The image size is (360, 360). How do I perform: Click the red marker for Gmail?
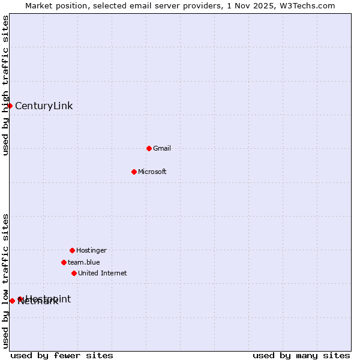(x=149, y=148)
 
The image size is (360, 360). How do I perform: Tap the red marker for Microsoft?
(x=134, y=172)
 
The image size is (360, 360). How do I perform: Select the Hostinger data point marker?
(x=72, y=250)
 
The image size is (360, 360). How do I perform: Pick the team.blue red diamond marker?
(x=64, y=262)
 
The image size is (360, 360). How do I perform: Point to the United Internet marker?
(x=74, y=273)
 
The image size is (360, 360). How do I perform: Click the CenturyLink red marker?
(x=10, y=106)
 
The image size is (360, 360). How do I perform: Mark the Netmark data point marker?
(x=12, y=301)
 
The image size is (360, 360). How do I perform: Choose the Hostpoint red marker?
(x=20, y=299)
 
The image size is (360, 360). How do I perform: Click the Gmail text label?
(x=162, y=148)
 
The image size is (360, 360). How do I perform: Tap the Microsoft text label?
(x=152, y=172)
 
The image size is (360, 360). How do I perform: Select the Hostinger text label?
(x=91, y=250)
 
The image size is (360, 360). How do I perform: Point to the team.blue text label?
(x=84, y=262)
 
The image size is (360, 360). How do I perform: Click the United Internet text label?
(x=103, y=273)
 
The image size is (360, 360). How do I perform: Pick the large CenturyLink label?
(x=44, y=106)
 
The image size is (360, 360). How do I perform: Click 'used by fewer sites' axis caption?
(x=62, y=355)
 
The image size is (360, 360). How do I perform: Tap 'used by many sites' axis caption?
(x=301, y=355)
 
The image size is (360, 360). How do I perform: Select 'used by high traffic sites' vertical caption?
(x=5, y=85)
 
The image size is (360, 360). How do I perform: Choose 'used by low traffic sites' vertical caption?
(x=5, y=281)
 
